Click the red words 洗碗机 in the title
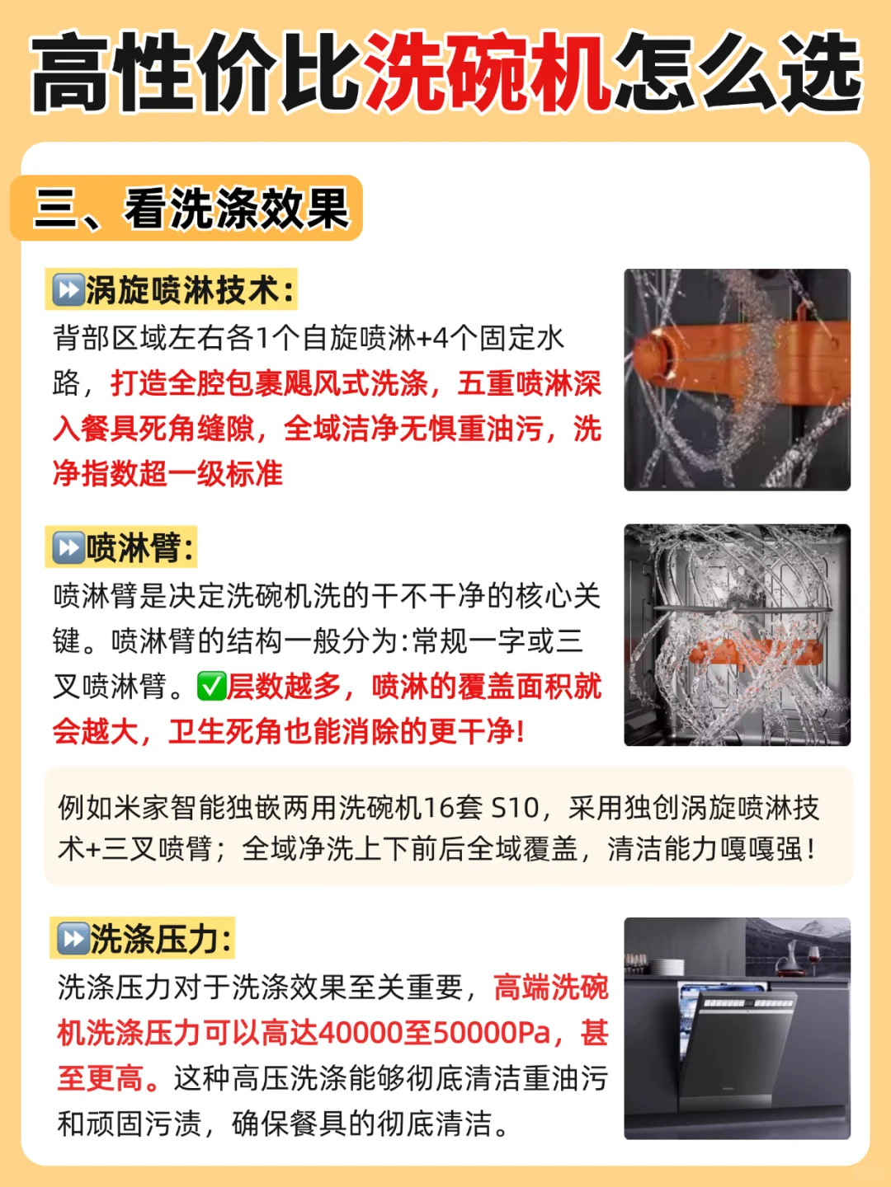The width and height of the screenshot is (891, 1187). click(x=487, y=73)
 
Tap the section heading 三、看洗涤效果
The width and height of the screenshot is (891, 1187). click(x=191, y=209)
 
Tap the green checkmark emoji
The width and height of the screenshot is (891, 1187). click(x=211, y=687)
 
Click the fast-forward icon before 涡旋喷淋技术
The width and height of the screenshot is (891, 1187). click(x=68, y=289)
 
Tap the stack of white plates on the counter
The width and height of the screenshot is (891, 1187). click(x=667, y=968)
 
